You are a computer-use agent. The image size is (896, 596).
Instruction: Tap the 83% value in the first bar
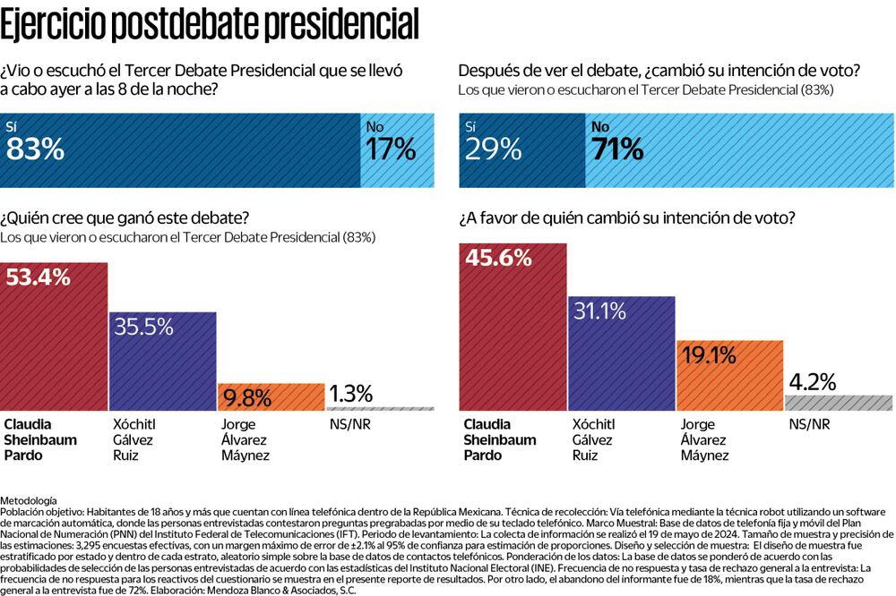pyautogui.click(x=36, y=149)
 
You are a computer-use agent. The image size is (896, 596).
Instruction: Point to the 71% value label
pyautogui.click(x=618, y=149)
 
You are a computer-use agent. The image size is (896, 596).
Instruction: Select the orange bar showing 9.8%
pyautogui.click(x=271, y=396)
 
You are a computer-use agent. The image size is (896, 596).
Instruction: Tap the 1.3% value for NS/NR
pyautogui.click(x=351, y=393)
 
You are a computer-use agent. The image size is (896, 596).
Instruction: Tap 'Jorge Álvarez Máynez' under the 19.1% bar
pyautogui.click(x=705, y=439)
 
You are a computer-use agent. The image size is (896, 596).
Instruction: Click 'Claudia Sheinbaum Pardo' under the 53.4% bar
pyautogui.click(x=41, y=439)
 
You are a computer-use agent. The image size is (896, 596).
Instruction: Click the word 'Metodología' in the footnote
pyautogui.click(x=29, y=498)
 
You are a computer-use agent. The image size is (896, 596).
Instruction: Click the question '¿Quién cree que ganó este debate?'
pyautogui.click(x=125, y=218)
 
